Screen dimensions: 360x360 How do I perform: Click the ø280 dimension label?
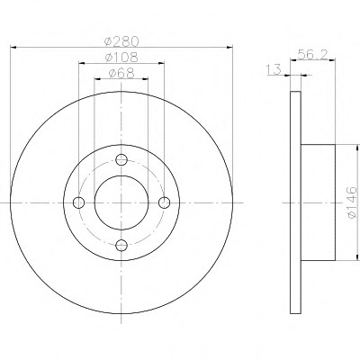click(x=121, y=41)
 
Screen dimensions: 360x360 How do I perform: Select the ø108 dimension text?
click(x=121, y=57)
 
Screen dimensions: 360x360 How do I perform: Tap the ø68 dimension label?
click(x=121, y=73)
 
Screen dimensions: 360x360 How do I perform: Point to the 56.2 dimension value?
click(x=312, y=55)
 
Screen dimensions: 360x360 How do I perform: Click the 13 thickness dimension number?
click(x=274, y=69)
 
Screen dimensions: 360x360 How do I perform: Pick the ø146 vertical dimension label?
click(x=352, y=202)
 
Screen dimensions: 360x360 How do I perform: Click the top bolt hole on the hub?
click(x=121, y=159)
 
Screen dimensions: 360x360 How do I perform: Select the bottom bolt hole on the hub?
click(x=121, y=246)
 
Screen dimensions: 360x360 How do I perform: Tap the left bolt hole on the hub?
click(x=78, y=202)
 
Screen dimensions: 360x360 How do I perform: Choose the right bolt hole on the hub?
click(x=165, y=202)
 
